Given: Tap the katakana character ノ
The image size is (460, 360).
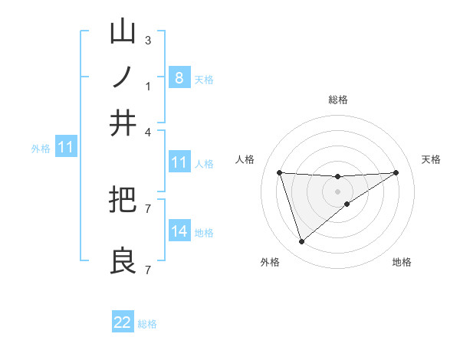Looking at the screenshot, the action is pos(123,77).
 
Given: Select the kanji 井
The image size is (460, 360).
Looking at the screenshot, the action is pos(123,123).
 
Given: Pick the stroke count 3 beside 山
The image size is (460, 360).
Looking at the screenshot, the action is pos(148,41).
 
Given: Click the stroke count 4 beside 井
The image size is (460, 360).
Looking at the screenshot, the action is pos(148,132).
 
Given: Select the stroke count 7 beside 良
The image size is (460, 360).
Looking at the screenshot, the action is pos(148,270).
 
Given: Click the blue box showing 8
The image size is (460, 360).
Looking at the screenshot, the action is pos(179,77).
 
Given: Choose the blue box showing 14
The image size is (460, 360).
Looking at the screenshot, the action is pos(179,231).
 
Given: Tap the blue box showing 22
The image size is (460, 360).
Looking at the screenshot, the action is pos(123,322).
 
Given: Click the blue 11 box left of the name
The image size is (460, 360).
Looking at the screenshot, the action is pos(65,147).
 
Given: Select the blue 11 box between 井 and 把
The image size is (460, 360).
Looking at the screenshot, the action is pos(179,162).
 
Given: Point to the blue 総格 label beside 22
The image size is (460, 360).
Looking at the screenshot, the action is pos(147,324).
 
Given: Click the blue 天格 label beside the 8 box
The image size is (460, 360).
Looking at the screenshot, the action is pos(204,79).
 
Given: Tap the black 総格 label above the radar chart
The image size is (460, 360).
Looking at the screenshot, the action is pos(338,100).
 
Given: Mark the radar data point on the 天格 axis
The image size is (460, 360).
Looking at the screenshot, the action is pos(396,172).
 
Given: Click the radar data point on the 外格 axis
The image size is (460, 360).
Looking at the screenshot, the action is pos(301,242).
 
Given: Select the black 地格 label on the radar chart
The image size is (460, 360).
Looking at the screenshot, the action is pos(402,263).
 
